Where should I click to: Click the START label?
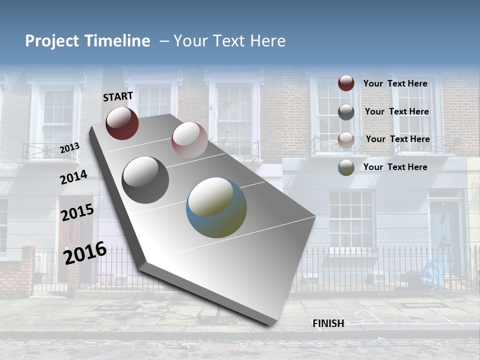click(118, 96)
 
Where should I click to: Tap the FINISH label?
click(328, 323)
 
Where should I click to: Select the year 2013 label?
click(69, 147)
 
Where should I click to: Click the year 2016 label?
click(85, 253)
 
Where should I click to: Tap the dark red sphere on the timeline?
click(122, 123)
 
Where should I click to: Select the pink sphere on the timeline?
click(189, 140)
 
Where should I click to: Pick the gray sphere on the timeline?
click(145, 180)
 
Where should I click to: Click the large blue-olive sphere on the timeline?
click(216, 207)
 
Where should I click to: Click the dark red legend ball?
click(346, 83)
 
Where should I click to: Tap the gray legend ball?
click(346, 112)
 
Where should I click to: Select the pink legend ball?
click(346, 140)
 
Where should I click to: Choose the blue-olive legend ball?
click(346, 167)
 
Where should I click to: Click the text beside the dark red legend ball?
click(395, 83)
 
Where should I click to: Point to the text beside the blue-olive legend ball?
click(395, 167)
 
